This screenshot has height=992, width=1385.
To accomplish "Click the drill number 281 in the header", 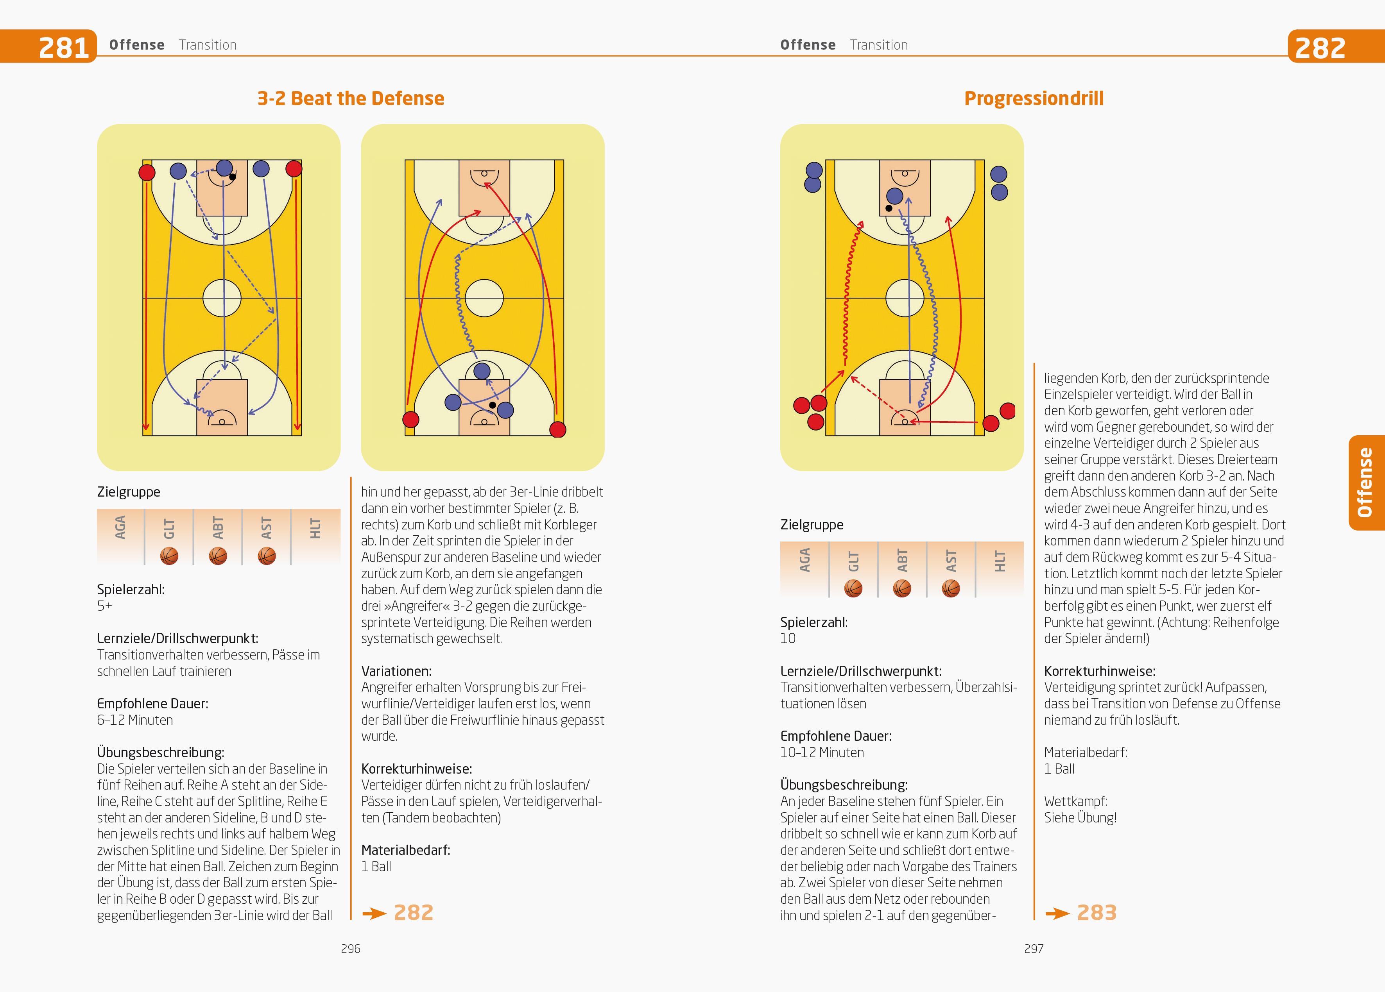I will [63, 47].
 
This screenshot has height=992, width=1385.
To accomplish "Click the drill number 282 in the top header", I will [1320, 47].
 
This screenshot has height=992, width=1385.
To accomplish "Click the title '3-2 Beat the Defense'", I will [351, 98].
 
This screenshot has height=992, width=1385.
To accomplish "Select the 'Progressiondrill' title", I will [1033, 98].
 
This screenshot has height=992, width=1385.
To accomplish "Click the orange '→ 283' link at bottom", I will [1082, 913].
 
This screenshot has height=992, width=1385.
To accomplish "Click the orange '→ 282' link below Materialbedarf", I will [398, 913].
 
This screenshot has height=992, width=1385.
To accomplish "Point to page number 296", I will [351, 949].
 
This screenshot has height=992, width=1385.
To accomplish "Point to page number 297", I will [1033, 949].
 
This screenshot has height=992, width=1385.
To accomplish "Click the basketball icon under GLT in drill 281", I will [169, 556].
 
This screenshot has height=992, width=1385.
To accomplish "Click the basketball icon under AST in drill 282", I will [951, 588].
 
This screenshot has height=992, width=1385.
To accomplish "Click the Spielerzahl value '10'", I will [788, 638].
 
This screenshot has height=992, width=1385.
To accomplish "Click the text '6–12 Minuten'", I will [135, 720].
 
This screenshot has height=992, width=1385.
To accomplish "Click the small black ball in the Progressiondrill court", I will [889, 208].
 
